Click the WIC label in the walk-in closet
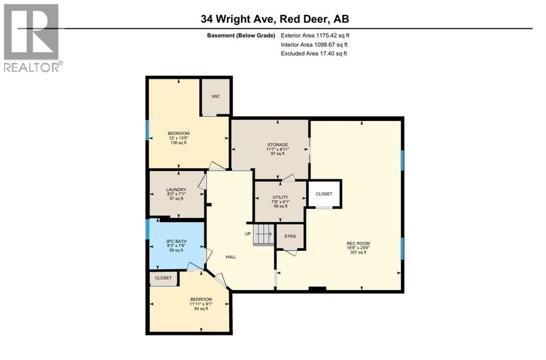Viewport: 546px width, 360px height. point(216,97)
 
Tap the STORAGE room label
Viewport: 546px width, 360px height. point(278,145)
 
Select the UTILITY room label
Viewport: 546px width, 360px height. point(280,197)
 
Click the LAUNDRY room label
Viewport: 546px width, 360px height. point(176,189)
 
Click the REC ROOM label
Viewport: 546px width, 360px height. point(358,243)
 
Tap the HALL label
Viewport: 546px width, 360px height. point(231,257)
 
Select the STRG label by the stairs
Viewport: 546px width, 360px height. point(290,236)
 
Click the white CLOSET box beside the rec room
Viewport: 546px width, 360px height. point(324,194)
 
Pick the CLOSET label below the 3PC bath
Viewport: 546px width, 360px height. point(163,278)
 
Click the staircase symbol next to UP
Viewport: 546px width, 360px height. point(263,234)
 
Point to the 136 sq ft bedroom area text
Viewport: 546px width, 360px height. point(178,143)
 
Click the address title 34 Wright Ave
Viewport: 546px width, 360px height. point(274,19)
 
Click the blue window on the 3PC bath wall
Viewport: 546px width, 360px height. point(147,229)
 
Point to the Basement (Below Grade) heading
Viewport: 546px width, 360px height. point(241,36)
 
